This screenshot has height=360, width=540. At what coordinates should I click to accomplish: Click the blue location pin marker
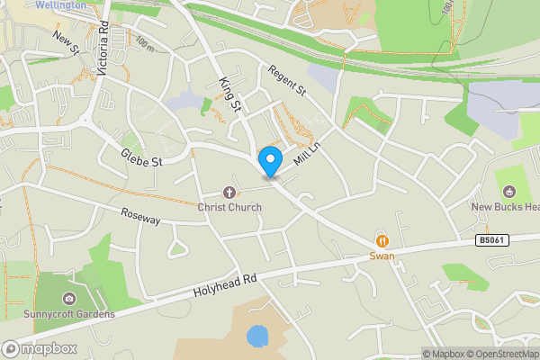269,161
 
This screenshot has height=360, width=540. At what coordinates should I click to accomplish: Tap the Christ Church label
230,207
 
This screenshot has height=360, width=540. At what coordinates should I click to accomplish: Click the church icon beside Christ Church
229,192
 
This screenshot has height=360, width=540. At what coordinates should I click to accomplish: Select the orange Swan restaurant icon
382,240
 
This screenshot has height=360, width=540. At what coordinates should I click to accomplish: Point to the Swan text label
382,256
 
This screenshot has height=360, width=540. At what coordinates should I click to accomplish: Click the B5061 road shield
491,240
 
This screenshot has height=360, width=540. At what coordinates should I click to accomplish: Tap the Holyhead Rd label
225,287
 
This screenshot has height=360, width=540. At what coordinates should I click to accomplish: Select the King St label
230,94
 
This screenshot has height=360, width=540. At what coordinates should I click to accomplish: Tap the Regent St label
288,80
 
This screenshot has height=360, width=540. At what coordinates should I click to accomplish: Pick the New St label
67,40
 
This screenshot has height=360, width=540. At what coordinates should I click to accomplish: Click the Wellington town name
61,4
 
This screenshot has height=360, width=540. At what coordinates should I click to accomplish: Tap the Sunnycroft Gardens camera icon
68,299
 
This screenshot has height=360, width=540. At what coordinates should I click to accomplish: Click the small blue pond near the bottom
257,337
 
